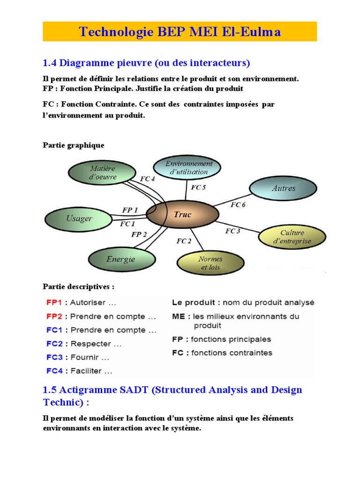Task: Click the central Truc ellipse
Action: [183, 215]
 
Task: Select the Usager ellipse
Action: [79, 218]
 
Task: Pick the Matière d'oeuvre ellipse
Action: [103, 172]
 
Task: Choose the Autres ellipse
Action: [284, 188]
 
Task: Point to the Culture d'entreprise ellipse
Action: [292, 237]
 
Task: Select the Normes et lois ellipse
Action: [210, 263]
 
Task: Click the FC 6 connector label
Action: [238, 205]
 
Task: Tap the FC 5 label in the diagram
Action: [198, 187]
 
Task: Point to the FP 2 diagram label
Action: [139, 234]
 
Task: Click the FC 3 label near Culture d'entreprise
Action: [232, 231]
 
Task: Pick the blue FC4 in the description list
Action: [55, 371]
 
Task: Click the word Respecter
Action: [90, 344]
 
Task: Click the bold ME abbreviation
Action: [178, 316]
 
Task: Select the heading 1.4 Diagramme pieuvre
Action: [146, 62]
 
